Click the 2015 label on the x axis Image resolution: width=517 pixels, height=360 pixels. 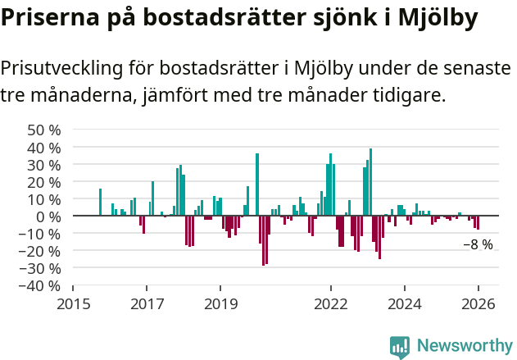tap(73, 303)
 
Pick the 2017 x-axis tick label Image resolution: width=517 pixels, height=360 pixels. tap(147, 303)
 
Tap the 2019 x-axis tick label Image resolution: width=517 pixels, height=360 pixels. tap(220, 303)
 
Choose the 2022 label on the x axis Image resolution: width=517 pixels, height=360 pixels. tap(331, 303)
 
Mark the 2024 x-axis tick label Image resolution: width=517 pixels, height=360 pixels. tap(405, 303)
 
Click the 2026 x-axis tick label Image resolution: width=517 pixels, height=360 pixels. tap(478, 303)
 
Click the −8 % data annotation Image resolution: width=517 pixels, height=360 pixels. tap(478, 244)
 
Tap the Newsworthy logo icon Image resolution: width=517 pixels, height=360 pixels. tap(400, 347)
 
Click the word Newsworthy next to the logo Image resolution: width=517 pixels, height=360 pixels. tap(464, 346)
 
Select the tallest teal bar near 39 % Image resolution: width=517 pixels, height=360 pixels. tap(370, 182)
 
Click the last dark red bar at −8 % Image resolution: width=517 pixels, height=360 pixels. tap(478, 222)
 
